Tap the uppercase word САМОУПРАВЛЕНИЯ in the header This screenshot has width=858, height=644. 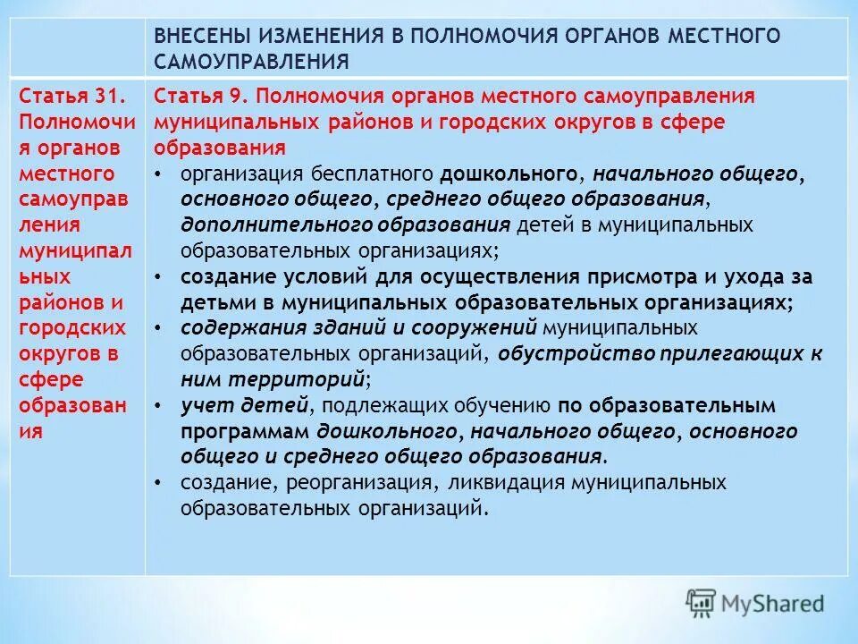point(251,61)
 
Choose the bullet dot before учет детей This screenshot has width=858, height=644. point(158,406)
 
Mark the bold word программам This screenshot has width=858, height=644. point(245,431)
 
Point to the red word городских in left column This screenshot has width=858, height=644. point(71,328)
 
